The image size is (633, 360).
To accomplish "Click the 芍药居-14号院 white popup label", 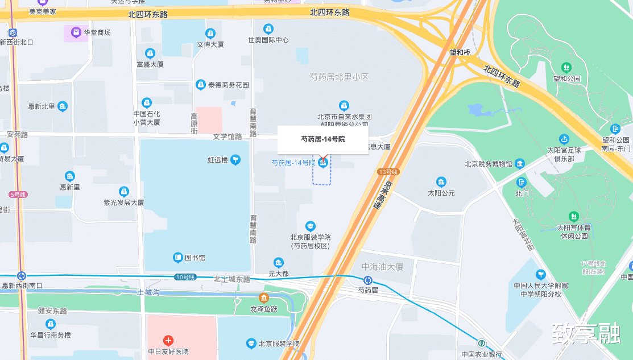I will coord(322,139).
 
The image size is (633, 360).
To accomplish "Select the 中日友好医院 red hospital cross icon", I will coord(168,341).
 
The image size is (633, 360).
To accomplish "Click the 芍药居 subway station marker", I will coord(368,280).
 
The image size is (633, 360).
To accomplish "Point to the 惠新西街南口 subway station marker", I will coord(22,276).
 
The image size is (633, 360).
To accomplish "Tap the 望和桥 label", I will coord(460,52).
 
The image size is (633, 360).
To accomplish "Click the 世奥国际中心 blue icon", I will coord(268,28).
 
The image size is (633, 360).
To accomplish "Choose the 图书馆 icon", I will coord(178,258).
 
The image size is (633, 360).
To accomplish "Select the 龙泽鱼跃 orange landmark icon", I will coord(264,297).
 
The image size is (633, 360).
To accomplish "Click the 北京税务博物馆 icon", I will coord(519,164).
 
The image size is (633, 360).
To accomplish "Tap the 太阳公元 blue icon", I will coord(441,182).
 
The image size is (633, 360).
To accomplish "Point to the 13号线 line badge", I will coord(388,171).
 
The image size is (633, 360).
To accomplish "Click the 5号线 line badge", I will coord(18,195).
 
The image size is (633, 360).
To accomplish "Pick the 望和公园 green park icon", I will coord(566,68).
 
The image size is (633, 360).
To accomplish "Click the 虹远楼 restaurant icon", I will coord(235,160).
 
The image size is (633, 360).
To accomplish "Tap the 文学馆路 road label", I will coord(227,136).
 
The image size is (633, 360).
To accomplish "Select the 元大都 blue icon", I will coord(278,263).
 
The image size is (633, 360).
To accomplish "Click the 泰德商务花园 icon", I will coord(200,85).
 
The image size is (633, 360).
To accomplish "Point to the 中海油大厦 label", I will coord(382,267).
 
